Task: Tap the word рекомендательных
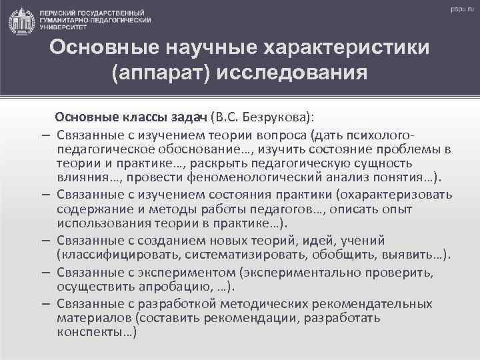click(376, 304)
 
